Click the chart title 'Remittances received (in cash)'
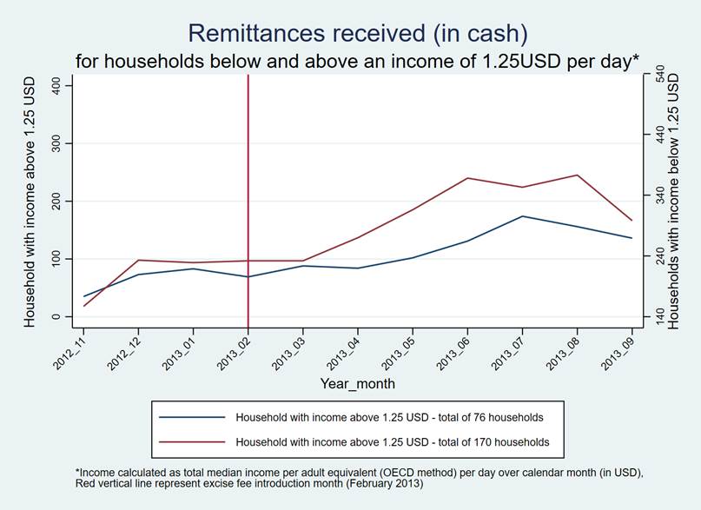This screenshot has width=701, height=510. pos(357,33)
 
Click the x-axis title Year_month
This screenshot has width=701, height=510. pos(357,382)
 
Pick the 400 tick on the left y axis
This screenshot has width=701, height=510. pos(56,85)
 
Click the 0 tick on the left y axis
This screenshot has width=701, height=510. pos(56,317)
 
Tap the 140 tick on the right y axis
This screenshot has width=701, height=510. pos(658,317)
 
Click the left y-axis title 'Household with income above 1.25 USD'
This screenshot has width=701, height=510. pos(30,200)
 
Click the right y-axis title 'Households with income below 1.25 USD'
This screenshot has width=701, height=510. pos(683,200)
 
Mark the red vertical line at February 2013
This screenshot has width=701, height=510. pos(248,174)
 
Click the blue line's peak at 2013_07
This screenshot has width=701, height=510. pos(522,216)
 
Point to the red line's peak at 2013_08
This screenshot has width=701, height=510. pos(577,176)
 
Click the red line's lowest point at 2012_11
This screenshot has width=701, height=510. pos(84,306)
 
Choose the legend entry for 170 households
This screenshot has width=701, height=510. pos(392,441)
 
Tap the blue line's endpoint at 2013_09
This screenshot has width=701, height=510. pos(632,238)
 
